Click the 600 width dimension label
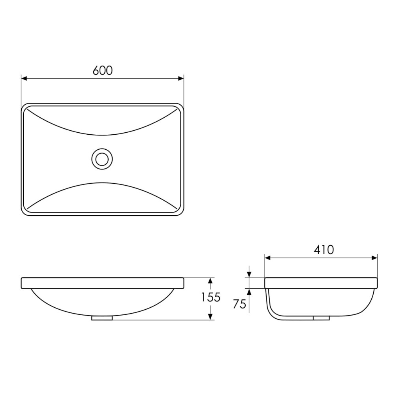[x=103, y=71]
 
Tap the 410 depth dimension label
[x=324, y=250]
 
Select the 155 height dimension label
[x=211, y=297]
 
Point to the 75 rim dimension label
[x=239, y=304]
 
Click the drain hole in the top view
[x=102, y=159]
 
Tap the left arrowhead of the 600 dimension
[x=24, y=79]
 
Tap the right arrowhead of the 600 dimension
[x=181, y=79]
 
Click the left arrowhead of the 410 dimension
[x=268, y=258]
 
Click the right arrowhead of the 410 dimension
[x=374, y=258]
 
